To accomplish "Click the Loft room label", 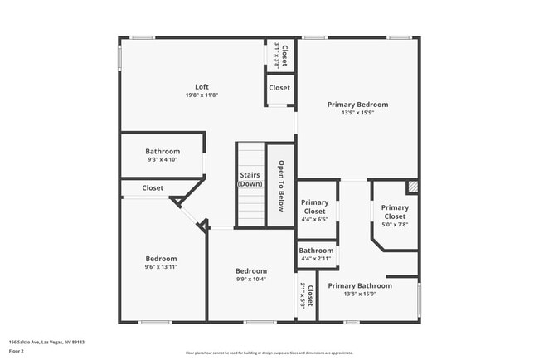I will pos(202,87).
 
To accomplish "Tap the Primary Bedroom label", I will pos(357,105).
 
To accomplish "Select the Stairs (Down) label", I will pos(250,179).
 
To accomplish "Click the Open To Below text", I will pos(282,186).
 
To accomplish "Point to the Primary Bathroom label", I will pos(359,285).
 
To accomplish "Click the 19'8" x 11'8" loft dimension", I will pos(202,95).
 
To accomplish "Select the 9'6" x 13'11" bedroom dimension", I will pos(162,267).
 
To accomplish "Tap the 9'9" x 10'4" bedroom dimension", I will pos(251,280).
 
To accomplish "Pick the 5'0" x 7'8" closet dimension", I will pos(395,224).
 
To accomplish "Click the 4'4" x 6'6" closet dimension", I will pos(314,219).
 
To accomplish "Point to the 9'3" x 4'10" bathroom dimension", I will pos(163,159).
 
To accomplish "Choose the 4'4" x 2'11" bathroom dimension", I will pos(316,259).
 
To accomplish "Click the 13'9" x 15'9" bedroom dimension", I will pos(357,113).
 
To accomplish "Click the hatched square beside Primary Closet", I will pos(412,187).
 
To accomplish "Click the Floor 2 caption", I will pos(17,351).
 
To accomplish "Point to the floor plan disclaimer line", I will pos(269,353).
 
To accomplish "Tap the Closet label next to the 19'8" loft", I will pos(279,88).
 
